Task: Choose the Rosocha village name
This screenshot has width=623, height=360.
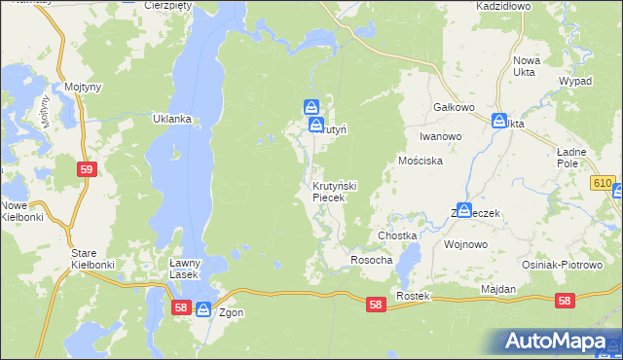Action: pos(371,261)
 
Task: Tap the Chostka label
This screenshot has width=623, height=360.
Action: pos(397,236)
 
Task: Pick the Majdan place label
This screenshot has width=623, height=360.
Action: pos(497,290)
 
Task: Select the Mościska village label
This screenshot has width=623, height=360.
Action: pos(421,161)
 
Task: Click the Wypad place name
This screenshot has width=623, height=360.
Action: pos(575,81)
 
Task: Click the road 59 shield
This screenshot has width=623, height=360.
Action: pos(88,169)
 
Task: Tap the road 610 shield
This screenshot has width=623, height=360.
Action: pos(602,183)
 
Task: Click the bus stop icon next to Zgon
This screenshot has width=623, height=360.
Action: pos(203,309)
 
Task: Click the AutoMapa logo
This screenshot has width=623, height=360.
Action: pos(561,340)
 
